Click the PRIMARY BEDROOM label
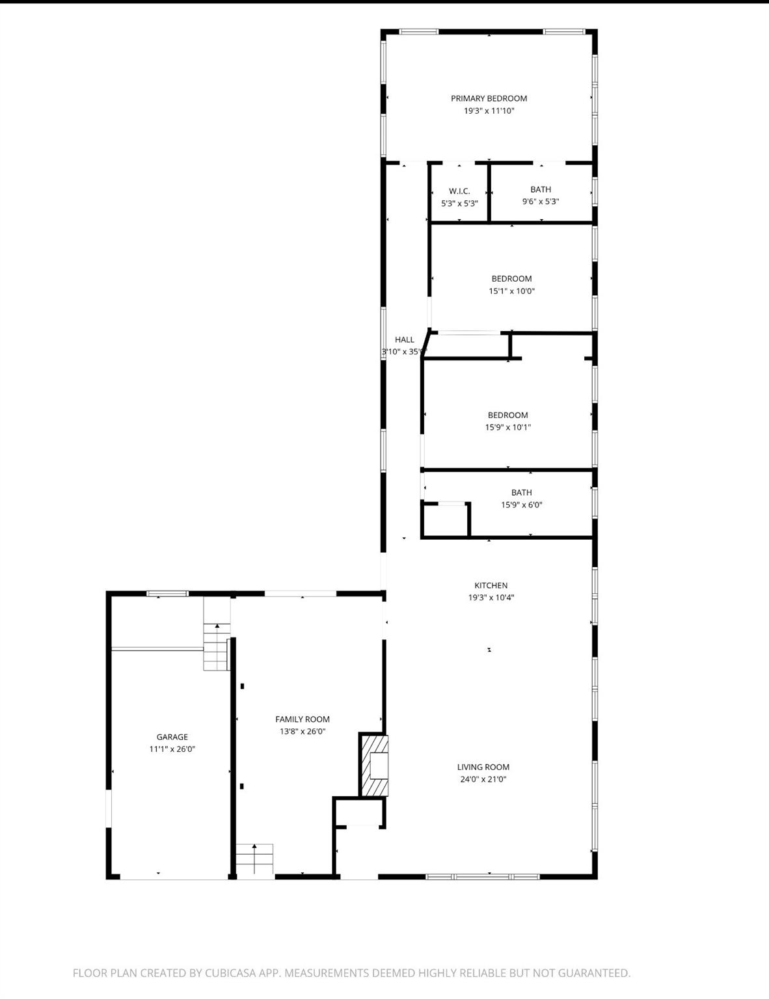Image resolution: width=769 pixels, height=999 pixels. click(489, 98)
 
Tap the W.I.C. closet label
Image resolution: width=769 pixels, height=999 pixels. click(459, 191)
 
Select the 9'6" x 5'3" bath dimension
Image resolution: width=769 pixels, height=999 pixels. click(541, 202)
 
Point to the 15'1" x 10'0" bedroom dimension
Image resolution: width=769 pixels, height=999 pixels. click(511, 291)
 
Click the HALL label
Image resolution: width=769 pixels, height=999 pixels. click(405, 340)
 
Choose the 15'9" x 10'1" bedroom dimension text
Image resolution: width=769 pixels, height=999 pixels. click(508, 427)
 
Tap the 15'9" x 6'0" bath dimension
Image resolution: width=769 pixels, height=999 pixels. click(522, 505)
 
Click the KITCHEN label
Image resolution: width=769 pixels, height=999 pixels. click(491, 585)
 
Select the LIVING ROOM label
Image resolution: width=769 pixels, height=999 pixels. click(483, 767)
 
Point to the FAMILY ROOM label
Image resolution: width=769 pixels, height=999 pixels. click(303, 719)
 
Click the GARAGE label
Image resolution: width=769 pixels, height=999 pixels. click(172, 736)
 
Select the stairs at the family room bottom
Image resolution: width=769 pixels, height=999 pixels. click(254, 859)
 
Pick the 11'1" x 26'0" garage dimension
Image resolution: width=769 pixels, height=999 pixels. click(172, 749)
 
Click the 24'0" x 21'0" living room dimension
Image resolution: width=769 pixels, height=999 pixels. click(483, 779)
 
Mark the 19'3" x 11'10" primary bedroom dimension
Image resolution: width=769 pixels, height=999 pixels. click(489, 111)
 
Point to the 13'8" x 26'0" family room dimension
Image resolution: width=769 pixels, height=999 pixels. click(303, 732)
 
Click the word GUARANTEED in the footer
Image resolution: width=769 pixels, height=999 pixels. click(594, 973)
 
